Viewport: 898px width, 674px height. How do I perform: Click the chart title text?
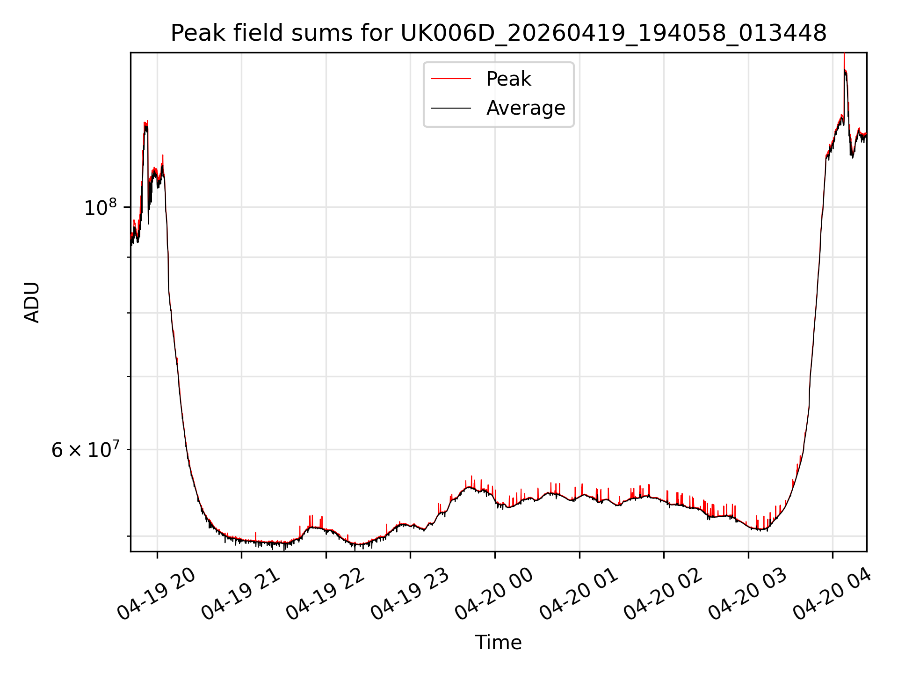[499, 33]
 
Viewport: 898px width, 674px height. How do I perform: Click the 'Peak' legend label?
[508, 79]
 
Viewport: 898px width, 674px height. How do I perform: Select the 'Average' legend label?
[526, 108]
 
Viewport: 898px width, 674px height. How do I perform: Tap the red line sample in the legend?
[451, 79]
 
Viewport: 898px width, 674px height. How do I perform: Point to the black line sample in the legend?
[451, 108]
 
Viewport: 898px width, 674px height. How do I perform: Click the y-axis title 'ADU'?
[32, 302]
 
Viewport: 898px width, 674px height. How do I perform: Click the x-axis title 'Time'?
[498, 642]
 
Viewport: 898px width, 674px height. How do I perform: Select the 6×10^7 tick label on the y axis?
[85, 449]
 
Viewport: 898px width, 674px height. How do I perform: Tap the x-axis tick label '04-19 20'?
[156, 594]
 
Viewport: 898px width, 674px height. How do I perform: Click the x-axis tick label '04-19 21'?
[241, 594]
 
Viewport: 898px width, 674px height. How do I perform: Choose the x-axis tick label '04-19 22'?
[326, 594]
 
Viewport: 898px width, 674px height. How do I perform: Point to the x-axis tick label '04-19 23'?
[410, 594]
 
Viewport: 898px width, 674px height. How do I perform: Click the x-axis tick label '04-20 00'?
[494, 594]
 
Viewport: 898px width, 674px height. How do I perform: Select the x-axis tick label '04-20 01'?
[579, 594]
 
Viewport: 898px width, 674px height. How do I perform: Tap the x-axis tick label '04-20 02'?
[663, 594]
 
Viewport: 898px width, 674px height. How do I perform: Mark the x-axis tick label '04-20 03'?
[748, 594]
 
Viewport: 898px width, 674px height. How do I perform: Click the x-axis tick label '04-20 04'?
[833, 594]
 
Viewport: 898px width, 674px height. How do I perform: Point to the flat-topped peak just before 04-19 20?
[146, 124]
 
